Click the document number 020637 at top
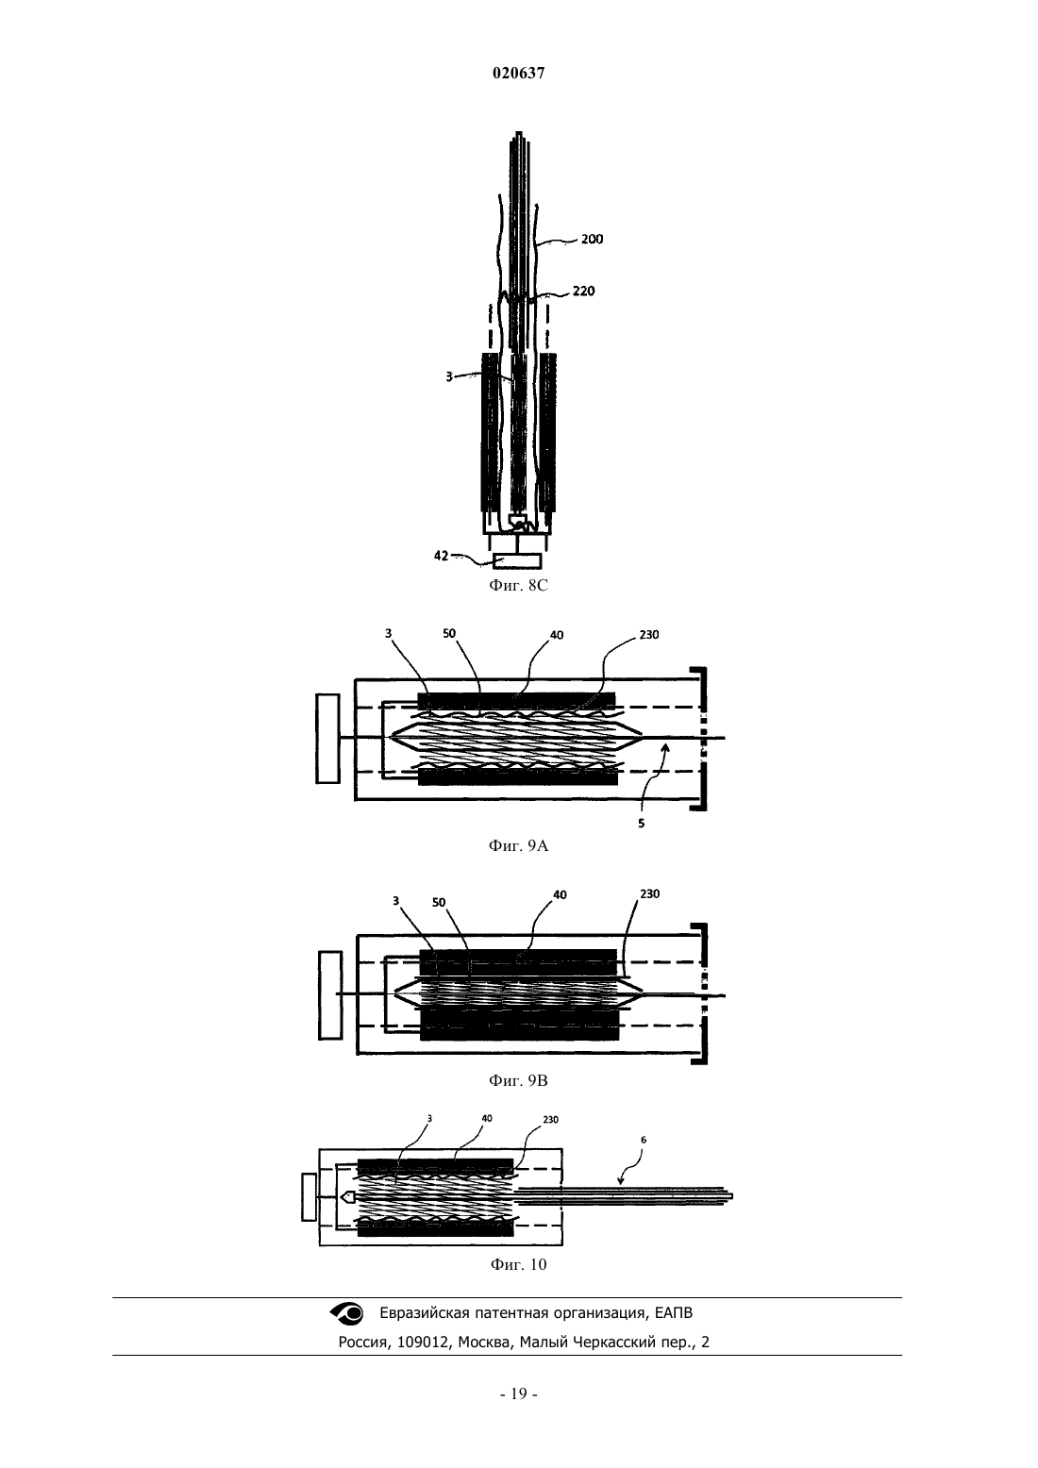[x=518, y=73]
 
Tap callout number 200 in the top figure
[x=592, y=240]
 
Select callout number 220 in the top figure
[x=583, y=291]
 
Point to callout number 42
[x=441, y=556]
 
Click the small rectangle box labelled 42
[x=517, y=561]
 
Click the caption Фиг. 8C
[x=518, y=585]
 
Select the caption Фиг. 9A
[x=518, y=845]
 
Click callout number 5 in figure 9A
[x=642, y=823]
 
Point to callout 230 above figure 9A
[x=649, y=634]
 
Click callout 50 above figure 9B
[x=439, y=902]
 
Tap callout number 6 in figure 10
[x=644, y=1140]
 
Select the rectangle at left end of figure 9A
[x=327, y=739]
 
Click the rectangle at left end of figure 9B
[x=330, y=995]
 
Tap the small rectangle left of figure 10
[x=309, y=1197]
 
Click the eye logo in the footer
[x=346, y=1312]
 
